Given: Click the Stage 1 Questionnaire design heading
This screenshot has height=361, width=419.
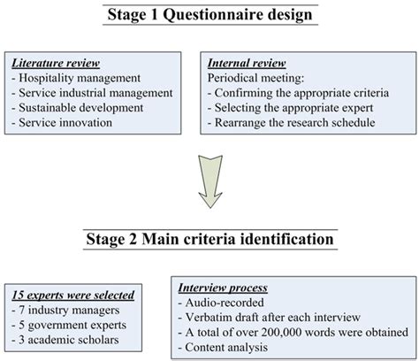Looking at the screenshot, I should click(x=209, y=14).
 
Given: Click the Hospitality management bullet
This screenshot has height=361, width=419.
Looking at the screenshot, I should click(x=70, y=79).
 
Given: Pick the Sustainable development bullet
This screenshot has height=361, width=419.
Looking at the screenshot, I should click(x=72, y=108).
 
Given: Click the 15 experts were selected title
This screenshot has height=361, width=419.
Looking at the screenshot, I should click(x=72, y=294).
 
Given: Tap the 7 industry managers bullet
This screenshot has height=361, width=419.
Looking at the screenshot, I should click(x=64, y=309).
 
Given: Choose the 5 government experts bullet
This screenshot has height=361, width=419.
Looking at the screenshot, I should click(x=69, y=323).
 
